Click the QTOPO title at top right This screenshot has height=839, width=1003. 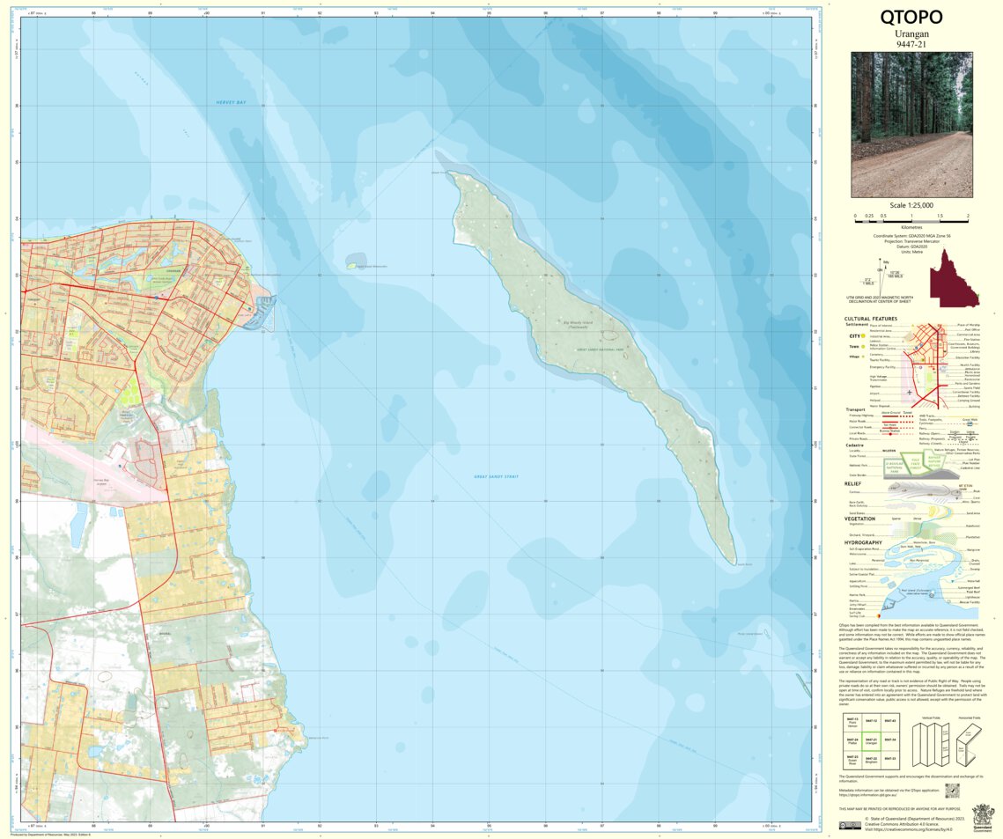[911, 18]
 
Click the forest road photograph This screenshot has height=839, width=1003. [911, 124]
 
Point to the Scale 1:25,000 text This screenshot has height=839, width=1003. [911, 204]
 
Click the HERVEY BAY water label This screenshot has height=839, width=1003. [234, 103]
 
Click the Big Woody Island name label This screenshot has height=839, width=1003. [579, 323]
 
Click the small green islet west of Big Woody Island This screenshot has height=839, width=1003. [355, 263]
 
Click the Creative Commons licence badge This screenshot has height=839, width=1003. [850, 825]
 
